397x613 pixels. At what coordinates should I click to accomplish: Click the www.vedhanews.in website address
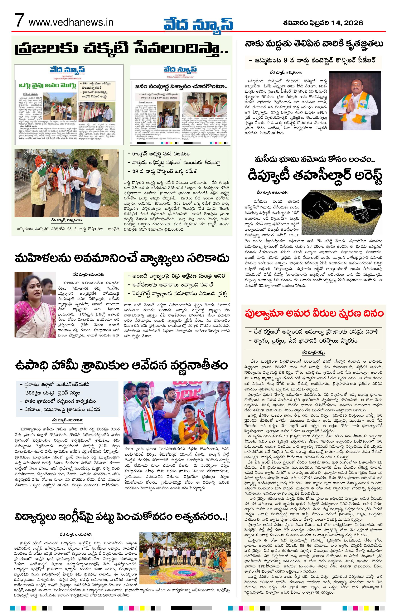click(x=71, y=22)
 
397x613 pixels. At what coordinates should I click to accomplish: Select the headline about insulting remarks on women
click(x=122, y=258)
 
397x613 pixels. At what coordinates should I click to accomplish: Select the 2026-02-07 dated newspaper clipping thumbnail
click(x=69, y=104)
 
